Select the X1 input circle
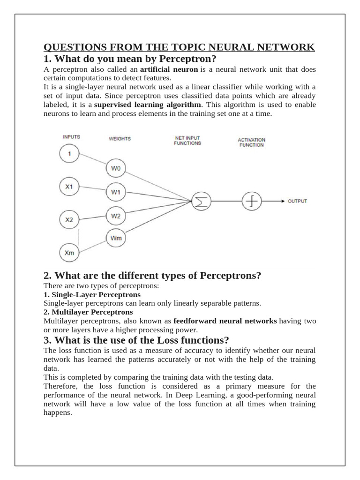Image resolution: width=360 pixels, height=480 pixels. [69, 187]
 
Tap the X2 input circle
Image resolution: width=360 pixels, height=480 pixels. [69, 219]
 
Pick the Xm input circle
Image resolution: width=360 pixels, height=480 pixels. [69, 253]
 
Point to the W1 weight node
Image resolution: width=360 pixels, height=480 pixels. [116, 192]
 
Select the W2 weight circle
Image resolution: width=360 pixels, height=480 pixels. [116, 216]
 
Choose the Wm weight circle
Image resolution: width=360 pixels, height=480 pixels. [116, 238]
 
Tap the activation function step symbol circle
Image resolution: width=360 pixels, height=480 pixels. [251, 201]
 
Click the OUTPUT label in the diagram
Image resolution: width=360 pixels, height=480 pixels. [297, 201]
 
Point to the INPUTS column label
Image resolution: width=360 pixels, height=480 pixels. [71, 137]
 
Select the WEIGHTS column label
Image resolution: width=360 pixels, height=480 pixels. [120, 139]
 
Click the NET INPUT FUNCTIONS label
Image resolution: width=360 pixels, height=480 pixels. [187, 141]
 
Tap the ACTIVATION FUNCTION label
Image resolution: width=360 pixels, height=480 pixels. [251, 142]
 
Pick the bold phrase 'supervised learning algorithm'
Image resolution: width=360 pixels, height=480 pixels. [148, 105]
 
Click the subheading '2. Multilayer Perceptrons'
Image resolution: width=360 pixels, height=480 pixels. [88, 312]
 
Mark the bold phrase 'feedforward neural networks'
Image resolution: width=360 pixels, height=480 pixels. [225, 321]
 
